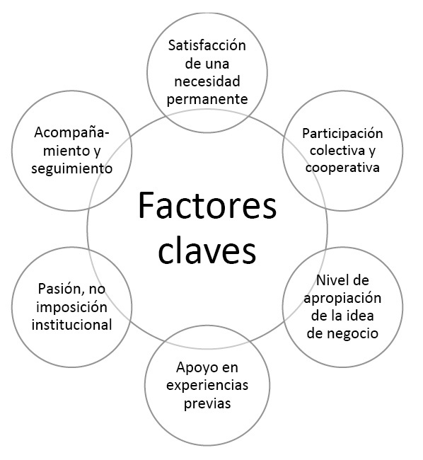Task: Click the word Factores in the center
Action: [x=207, y=205]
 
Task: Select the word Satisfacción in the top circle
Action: [x=207, y=46]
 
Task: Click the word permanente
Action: [x=207, y=100]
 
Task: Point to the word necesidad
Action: [x=207, y=81]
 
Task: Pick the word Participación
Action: [x=342, y=134]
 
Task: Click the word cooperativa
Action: [x=342, y=168]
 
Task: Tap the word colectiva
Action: [x=337, y=150]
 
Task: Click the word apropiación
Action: [x=342, y=299]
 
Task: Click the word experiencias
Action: [x=207, y=385]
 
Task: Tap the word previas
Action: [x=207, y=403]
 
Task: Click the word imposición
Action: [x=72, y=307]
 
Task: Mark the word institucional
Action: [x=72, y=325]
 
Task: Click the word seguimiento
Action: [x=72, y=169]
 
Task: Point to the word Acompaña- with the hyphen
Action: [x=72, y=133]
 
